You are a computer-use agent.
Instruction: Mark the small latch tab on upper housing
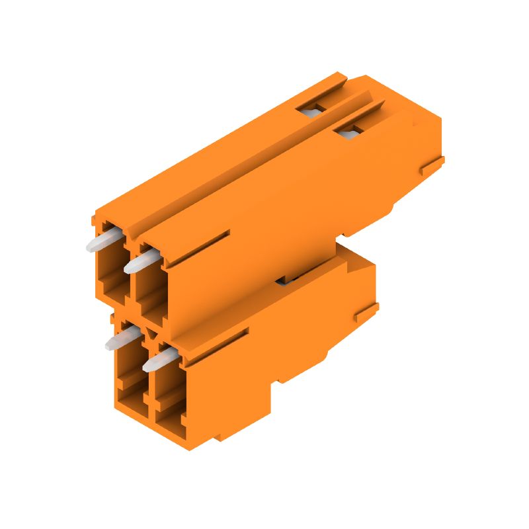(x=432, y=165)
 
